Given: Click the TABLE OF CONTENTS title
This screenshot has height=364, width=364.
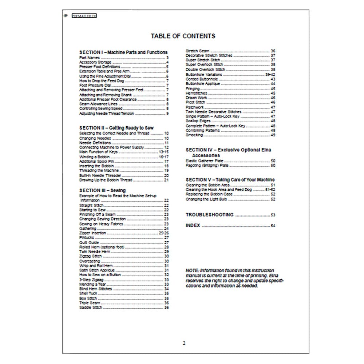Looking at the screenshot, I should pyautogui.click(x=183, y=36).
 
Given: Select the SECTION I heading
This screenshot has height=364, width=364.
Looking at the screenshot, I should pyautogui.click(x=123, y=52).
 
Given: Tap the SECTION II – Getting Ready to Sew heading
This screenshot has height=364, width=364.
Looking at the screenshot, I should pyautogui.click(x=116, y=128).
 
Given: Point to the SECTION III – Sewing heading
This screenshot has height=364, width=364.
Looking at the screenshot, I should pyautogui.click(x=103, y=190).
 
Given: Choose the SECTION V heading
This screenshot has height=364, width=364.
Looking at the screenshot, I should pyautogui.click(x=230, y=180).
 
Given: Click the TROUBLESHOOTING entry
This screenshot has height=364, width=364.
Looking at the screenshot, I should pyautogui.click(x=210, y=215).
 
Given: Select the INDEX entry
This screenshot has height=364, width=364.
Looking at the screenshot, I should pyautogui.click(x=193, y=226).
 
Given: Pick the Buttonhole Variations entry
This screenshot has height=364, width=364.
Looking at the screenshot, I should pyautogui.click(x=204, y=74).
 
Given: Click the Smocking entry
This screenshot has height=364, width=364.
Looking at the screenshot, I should pyautogui.click(x=194, y=135).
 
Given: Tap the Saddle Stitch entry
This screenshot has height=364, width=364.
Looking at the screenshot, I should pyautogui.click(x=91, y=308).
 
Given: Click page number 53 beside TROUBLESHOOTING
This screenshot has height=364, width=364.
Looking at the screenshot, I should pyautogui.click(x=273, y=215).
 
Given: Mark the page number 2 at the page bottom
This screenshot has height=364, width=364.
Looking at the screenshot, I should pyautogui.click(x=184, y=343).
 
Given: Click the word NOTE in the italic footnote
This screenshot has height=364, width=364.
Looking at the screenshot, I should pyautogui.click(x=192, y=270).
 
